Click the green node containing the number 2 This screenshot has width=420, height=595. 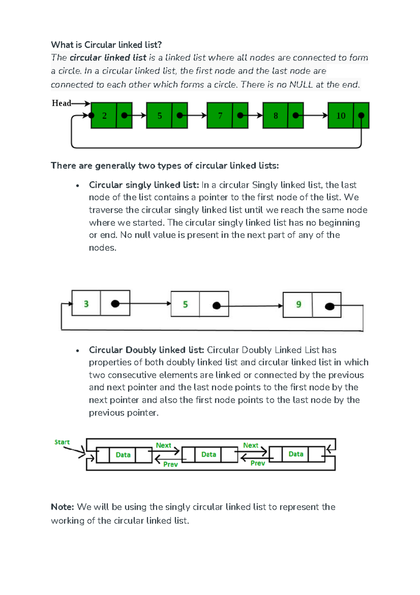pos(104,115)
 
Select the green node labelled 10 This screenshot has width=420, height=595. pos(341,115)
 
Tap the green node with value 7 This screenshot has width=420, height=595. pos(220,115)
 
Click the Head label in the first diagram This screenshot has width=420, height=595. pos(61,103)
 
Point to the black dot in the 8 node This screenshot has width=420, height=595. pos(296,115)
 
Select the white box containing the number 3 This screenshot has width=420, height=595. pos(86,303)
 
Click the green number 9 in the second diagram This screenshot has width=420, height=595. pos(299,304)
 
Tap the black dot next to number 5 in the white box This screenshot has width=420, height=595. pos(217,305)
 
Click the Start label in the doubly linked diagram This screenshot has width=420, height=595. pos(62,442)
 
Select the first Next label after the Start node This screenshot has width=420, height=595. pos(163,445)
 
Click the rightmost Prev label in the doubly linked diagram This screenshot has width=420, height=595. pos(258,463)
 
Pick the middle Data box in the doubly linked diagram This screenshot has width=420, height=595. pos(209,454)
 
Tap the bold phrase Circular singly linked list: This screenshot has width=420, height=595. pos(144,185)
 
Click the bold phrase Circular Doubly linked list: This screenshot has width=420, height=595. pos(146,350)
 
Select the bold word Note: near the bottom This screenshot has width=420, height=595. pos(62,507)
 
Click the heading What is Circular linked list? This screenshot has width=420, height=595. pos(106,45)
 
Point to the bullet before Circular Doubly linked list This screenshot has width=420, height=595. pos(78,351)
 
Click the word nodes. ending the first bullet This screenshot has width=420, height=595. pos(102,248)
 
